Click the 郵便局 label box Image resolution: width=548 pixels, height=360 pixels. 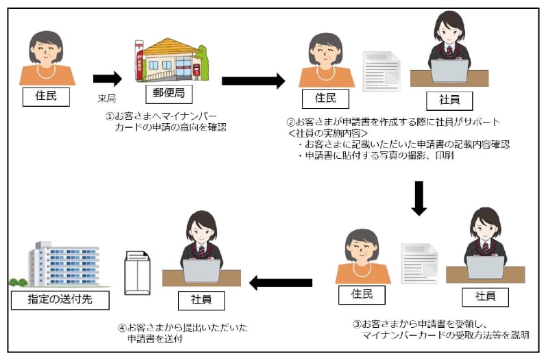[169, 94]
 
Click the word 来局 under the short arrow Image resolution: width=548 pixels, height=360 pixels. [108, 99]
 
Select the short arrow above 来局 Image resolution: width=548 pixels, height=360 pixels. [107, 79]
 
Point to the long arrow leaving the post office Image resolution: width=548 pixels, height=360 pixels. [253, 81]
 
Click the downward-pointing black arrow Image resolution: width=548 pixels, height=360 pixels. [419, 198]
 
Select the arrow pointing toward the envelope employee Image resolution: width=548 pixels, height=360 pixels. [280, 281]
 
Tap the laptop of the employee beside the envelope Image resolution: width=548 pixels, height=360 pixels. [202, 271]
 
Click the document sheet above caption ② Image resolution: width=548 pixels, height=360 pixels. [382, 71]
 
